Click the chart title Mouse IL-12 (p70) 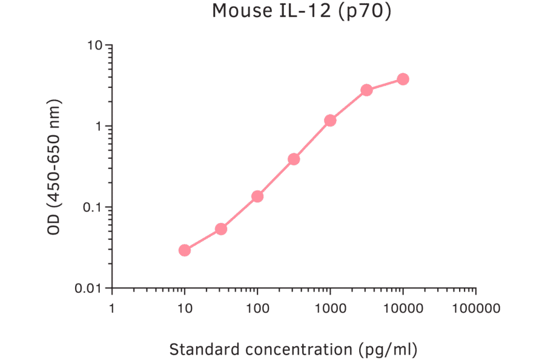click(301, 11)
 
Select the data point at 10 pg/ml click(185, 250)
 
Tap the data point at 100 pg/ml click(257, 196)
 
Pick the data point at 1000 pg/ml click(330, 121)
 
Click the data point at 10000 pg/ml click(403, 79)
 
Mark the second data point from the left click(221, 229)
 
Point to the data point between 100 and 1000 click(294, 159)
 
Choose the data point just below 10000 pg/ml click(366, 90)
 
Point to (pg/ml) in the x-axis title click(388, 350)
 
